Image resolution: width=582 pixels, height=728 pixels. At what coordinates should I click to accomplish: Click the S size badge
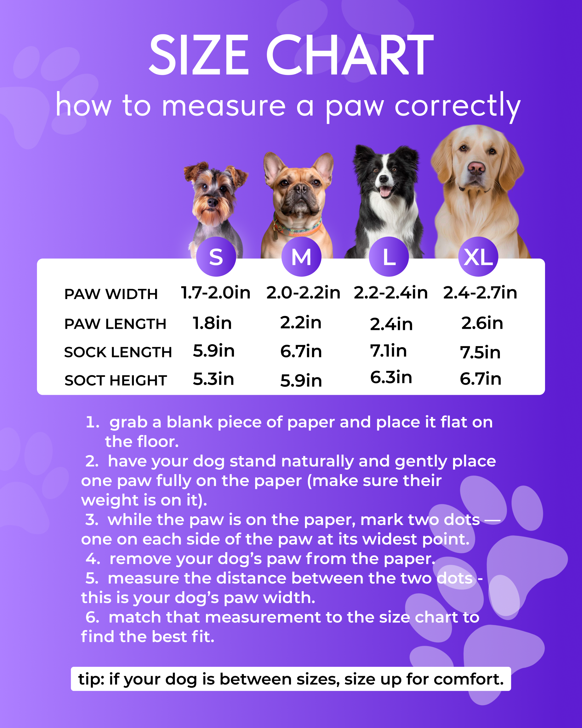(216, 257)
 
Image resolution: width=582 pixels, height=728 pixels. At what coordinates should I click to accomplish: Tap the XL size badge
(478, 257)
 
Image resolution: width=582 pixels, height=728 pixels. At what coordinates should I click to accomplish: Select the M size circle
(301, 257)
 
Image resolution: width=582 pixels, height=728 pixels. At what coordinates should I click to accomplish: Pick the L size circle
(389, 257)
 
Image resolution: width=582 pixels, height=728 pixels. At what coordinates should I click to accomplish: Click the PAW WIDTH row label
(111, 294)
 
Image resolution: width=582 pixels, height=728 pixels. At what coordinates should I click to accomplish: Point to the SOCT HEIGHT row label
(116, 381)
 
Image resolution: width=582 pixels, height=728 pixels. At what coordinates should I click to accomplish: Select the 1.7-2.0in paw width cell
(216, 292)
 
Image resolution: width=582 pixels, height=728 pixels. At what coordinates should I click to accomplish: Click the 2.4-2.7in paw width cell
(480, 292)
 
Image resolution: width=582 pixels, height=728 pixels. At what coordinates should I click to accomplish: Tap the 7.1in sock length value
(388, 351)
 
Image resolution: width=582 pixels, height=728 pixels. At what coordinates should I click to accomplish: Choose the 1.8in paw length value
(212, 323)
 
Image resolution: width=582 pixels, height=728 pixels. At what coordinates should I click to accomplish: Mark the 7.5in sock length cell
(480, 352)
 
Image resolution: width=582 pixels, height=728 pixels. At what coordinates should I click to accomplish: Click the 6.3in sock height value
(391, 377)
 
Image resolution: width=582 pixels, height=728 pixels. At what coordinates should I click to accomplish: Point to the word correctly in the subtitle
(457, 106)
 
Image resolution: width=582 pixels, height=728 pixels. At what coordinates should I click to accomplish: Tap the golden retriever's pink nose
(476, 167)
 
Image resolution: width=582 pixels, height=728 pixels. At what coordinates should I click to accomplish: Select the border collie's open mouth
(385, 191)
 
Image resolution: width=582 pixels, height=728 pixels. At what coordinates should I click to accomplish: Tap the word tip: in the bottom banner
(91, 679)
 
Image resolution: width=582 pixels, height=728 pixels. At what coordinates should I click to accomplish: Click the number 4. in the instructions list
(93, 559)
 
